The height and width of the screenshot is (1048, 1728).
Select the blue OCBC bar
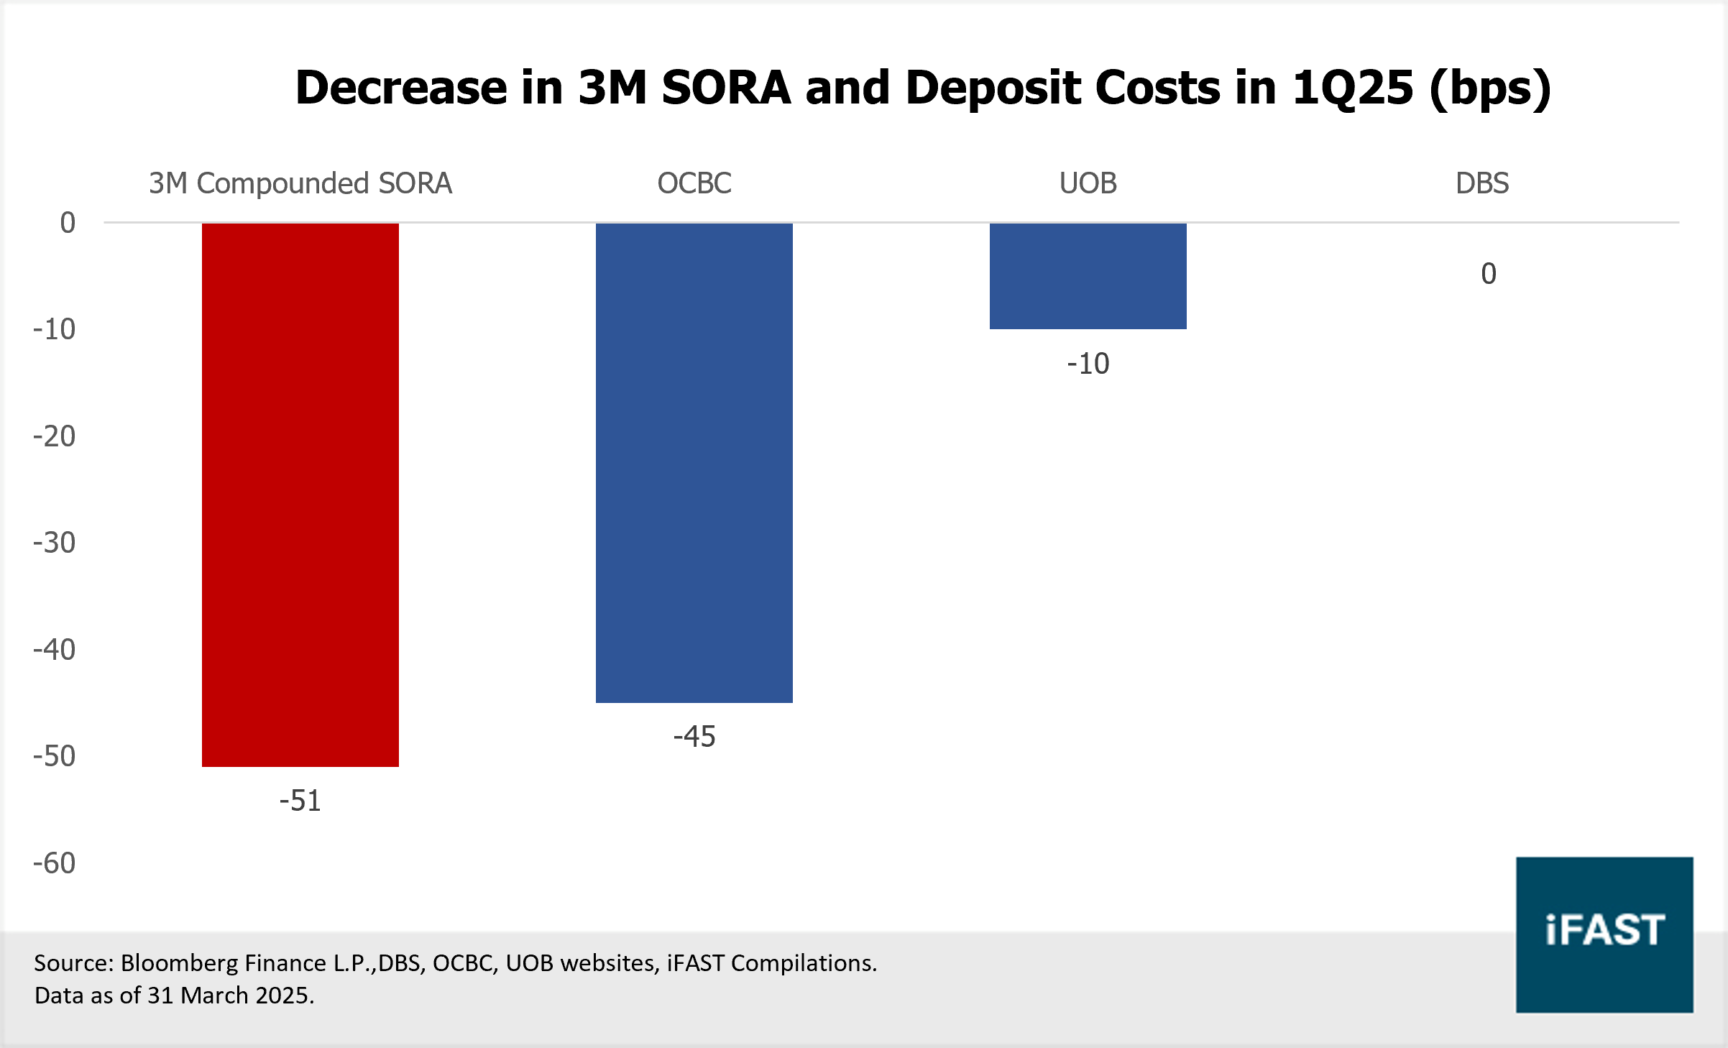(694, 463)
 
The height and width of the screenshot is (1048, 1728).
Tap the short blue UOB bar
(1088, 276)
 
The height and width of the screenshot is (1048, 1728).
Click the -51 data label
(300, 801)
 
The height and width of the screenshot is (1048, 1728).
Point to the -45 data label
(694, 737)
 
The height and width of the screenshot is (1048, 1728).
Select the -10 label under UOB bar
(1088, 364)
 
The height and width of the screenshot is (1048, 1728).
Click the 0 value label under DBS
(1488, 274)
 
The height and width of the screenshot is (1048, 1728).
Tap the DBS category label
(1481, 183)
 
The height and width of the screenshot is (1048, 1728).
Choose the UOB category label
(1088, 183)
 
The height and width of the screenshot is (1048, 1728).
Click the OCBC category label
(694, 183)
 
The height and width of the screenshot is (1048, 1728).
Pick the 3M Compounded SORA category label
(300, 183)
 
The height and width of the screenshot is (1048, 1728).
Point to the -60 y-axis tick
(54, 863)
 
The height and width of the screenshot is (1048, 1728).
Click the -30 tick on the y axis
(54, 543)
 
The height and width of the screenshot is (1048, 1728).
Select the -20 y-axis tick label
(54, 436)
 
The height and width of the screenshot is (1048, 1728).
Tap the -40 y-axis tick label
(54, 650)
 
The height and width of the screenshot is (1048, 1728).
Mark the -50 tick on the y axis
(54, 756)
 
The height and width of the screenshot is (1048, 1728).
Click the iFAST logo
(1604, 934)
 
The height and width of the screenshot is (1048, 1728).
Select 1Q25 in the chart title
(1352, 88)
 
